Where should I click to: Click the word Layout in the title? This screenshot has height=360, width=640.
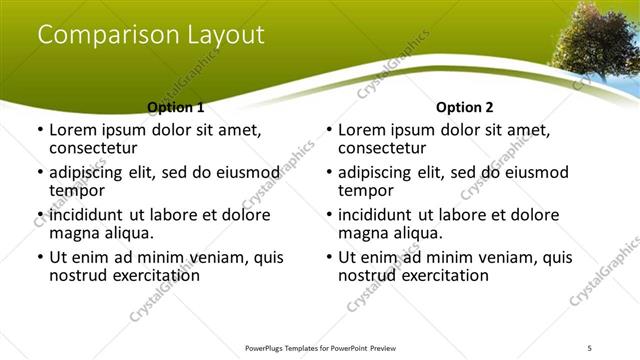(x=224, y=35)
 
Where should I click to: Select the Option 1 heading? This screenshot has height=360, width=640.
(x=176, y=107)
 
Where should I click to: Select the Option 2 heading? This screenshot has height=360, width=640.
(x=465, y=107)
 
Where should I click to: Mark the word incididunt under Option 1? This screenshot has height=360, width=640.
(x=86, y=215)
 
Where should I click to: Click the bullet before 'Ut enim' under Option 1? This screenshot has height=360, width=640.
(x=40, y=257)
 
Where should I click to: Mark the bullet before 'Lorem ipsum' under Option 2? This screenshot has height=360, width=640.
(x=329, y=130)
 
